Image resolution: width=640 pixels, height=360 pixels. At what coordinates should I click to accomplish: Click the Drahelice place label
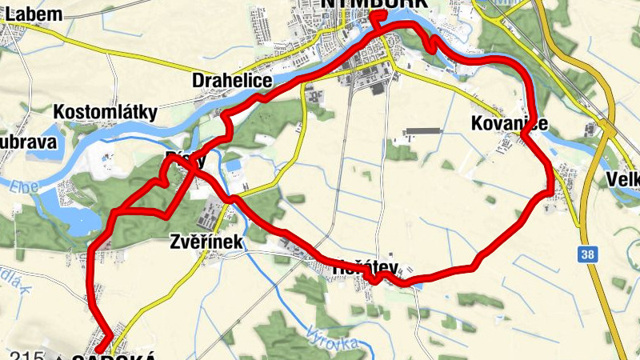pyautogui.click(x=233, y=82)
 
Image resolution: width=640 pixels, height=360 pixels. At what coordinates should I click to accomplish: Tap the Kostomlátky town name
pyautogui.click(x=117, y=111)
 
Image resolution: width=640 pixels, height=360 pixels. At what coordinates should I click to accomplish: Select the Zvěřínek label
pyautogui.click(x=206, y=241)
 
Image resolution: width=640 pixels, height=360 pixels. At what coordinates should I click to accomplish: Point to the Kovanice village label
pyautogui.click(x=510, y=123)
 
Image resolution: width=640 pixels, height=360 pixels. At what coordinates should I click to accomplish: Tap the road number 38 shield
pyautogui.click(x=588, y=254)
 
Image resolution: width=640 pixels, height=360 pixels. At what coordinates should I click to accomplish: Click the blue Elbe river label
pyautogui.click(x=26, y=190)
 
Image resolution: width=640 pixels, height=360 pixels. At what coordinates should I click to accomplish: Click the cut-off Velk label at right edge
pyautogui.click(x=623, y=178)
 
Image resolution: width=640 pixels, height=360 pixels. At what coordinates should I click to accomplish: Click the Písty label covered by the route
pyautogui.click(x=185, y=159)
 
